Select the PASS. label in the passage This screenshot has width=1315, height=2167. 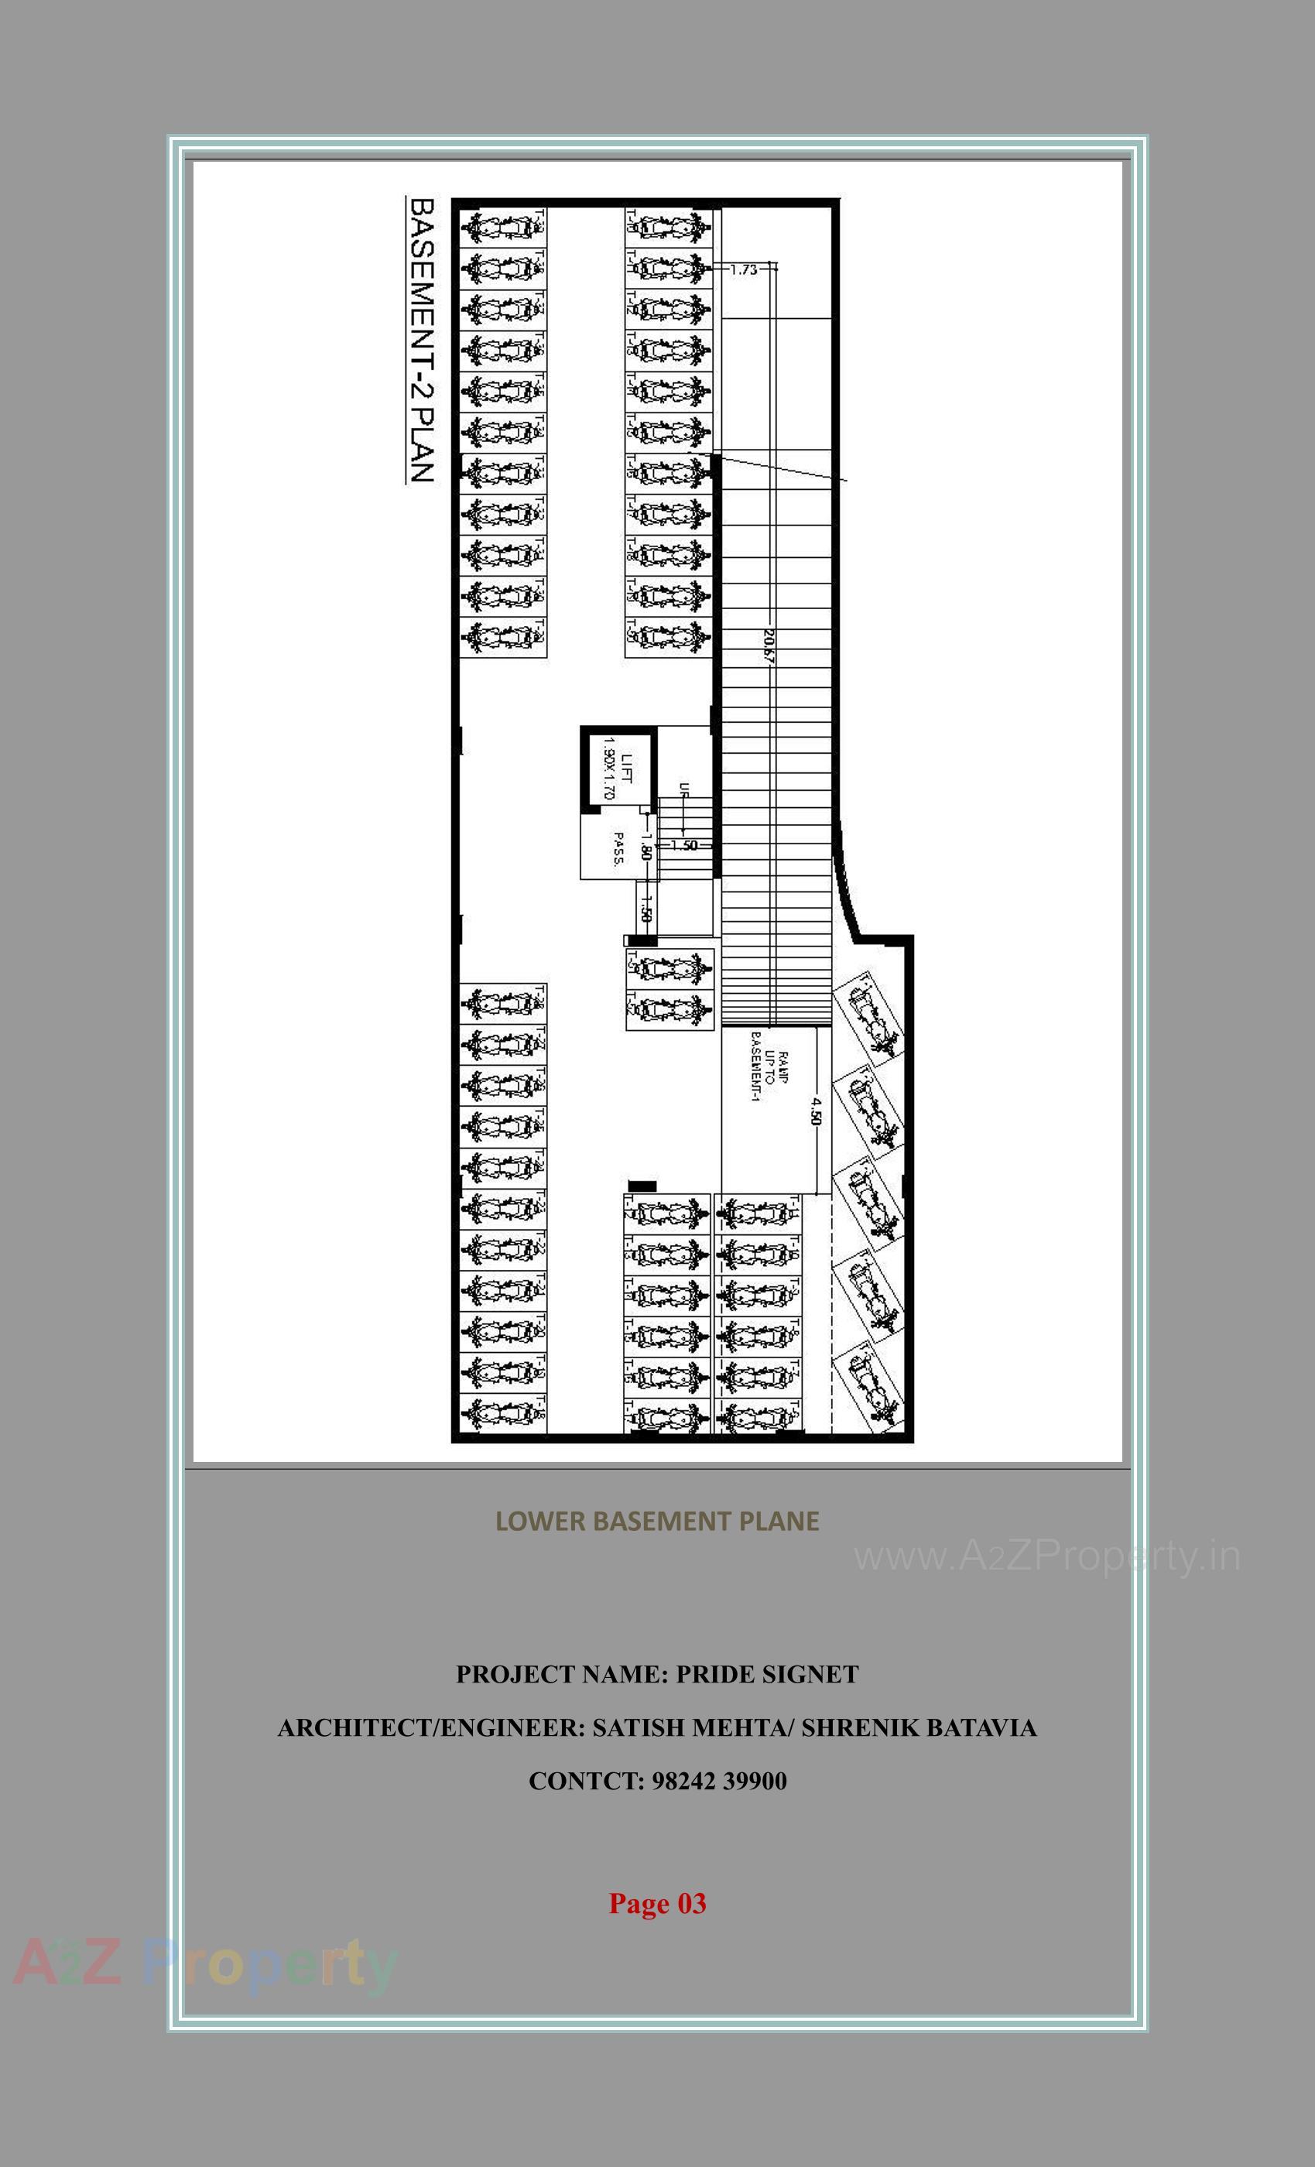coord(618,850)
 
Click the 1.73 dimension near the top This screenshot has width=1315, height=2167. coord(743,270)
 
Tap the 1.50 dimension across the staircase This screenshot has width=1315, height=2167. coord(684,845)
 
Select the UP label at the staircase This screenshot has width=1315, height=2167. coord(683,789)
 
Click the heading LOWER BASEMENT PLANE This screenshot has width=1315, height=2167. coord(657,1521)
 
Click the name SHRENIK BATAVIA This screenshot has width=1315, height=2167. coord(919,1728)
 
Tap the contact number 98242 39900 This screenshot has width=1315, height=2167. coord(721,1781)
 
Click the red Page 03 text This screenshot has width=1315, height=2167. coord(657,1903)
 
